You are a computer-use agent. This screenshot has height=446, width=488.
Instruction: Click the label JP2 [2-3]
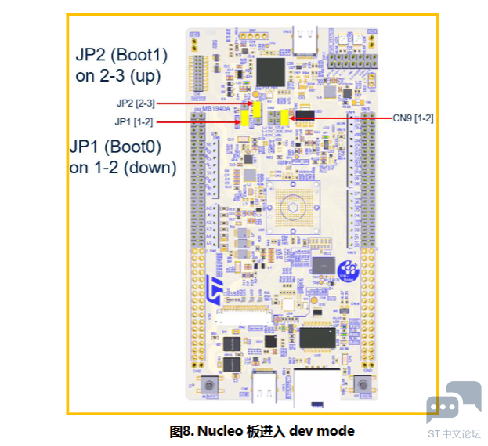click(134, 103)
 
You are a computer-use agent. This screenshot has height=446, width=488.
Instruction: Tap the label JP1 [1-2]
click(133, 121)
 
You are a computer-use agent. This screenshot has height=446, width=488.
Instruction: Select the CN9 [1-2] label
click(413, 118)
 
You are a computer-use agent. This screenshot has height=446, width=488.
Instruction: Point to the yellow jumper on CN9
click(284, 117)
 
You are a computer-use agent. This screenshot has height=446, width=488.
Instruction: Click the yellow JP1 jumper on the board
click(245, 118)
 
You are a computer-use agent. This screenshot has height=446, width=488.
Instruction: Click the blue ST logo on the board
click(215, 285)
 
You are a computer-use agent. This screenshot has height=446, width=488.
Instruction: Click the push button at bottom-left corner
click(209, 385)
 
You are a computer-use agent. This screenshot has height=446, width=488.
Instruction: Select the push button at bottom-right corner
click(363, 385)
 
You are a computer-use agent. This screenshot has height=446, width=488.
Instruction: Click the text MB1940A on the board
click(217, 110)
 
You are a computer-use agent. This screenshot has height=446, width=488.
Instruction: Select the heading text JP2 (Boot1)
click(121, 56)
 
